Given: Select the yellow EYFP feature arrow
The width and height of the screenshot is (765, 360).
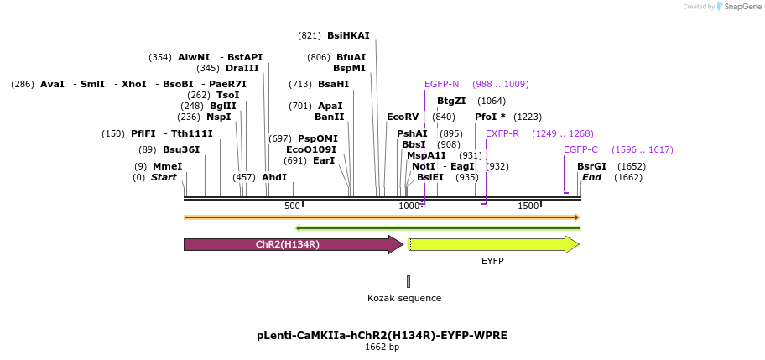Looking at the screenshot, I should [x=492, y=244].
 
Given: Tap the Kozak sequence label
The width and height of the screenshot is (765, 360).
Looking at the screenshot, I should [x=404, y=298].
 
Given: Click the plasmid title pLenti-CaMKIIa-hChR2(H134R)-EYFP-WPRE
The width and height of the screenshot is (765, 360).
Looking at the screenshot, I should [x=382, y=335].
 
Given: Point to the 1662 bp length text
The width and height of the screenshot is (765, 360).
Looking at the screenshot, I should [x=382, y=347].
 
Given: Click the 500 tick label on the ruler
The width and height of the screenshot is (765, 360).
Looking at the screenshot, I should [x=291, y=206].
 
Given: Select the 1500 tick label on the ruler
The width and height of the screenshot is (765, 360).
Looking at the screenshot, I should [x=528, y=206].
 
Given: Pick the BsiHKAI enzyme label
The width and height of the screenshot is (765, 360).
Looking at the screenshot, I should [x=348, y=35].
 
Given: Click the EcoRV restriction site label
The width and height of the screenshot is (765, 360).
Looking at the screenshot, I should [x=403, y=117].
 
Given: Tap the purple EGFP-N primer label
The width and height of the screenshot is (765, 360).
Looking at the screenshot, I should [x=441, y=84].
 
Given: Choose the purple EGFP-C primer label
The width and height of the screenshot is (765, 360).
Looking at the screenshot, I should [x=580, y=149].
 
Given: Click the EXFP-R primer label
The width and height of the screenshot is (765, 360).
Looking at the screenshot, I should [x=502, y=133].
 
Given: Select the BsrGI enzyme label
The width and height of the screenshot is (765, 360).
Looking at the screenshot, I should [x=591, y=166].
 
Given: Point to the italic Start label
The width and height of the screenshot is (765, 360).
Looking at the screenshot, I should [x=164, y=177].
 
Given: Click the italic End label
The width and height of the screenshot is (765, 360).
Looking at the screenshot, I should [x=591, y=177].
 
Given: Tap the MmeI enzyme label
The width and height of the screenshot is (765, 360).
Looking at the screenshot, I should [x=167, y=166].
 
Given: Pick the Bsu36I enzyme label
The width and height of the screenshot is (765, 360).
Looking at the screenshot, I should [x=181, y=149].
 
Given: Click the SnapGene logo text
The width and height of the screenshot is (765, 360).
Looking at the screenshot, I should [x=742, y=7].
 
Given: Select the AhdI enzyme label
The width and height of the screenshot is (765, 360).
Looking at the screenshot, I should [x=274, y=177].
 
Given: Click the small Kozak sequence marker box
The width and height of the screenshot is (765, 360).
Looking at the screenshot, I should [x=409, y=281].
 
